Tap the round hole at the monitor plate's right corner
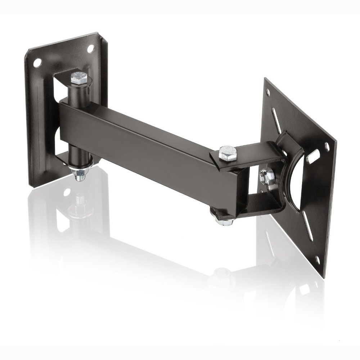coord(327,146)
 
